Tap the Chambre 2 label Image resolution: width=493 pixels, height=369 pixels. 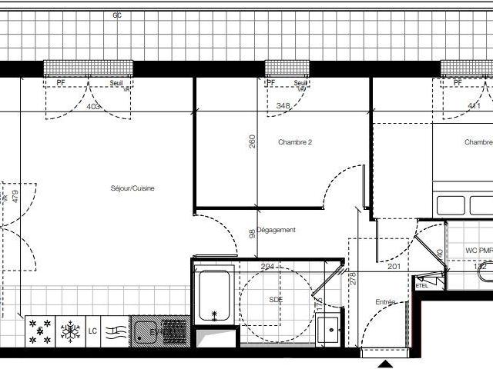tap(295, 142)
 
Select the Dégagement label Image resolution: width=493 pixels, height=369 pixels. tap(277, 230)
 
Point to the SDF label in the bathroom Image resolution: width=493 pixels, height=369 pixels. tap(276, 299)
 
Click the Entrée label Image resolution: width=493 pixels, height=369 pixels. tap(385, 302)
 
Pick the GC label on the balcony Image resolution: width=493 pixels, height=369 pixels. tap(117, 15)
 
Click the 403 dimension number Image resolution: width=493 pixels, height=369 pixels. tap(93, 107)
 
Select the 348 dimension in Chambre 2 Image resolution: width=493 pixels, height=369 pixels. tap(283, 106)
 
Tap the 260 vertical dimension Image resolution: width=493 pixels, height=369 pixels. tap(252, 142)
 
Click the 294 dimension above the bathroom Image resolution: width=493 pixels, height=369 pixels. tap(267, 267)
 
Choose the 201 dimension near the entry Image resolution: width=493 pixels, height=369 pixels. tap(394, 267)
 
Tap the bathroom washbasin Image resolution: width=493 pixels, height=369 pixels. tap(329, 330)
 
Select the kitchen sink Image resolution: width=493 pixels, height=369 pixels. tap(144, 331)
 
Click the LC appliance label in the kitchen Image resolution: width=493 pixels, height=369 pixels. tap(92, 331)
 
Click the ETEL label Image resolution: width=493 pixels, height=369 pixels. tap(421, 286)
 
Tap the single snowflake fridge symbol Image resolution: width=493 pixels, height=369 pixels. tap(70, 332)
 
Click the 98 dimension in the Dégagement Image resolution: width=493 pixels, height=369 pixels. tap(252, 234)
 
